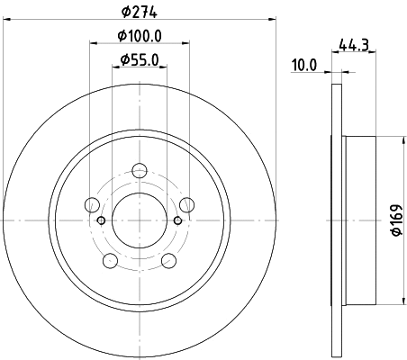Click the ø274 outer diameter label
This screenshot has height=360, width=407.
pyautogui.click(x=139, y=12)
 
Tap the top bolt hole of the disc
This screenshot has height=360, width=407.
pyautogui.click(x=139, y=170)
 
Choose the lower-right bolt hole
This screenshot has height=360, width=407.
pyautogui.click(x=168, y=261)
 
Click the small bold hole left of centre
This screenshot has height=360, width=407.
pyautogui.click(x=101, y=220)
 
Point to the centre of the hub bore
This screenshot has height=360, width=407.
pyautogui.click(x=139, y=220)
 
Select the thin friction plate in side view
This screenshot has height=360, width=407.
pyautogui.click(x=337, y=220)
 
